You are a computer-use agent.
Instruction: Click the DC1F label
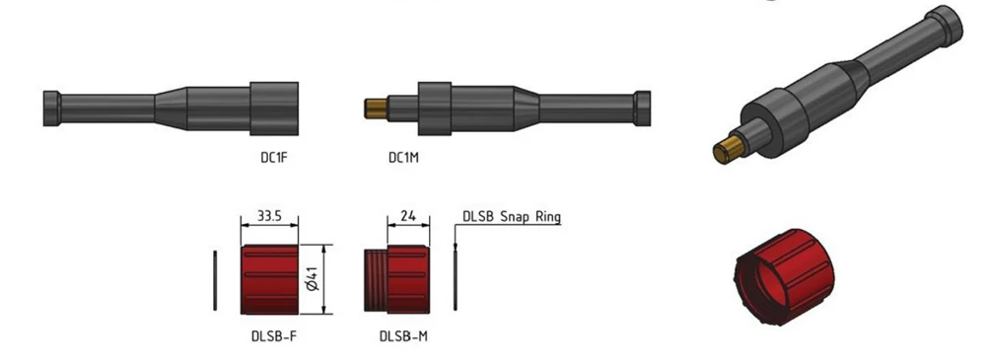pyautogui.click(x=274, y=159)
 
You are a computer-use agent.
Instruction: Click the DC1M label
pyautogui.click(x=403, y=159)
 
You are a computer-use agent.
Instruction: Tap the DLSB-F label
pyautogui.click(x=270, y=336)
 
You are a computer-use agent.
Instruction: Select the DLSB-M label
pyautogui.click(x=403, y=336)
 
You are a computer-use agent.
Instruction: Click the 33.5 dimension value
pyautogui.click(x=269, y=216)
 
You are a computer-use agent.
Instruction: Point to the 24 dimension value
pyautogui.click(x=408, y=216)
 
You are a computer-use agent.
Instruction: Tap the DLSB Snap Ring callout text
pyautogui.click(x=512, y=217)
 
